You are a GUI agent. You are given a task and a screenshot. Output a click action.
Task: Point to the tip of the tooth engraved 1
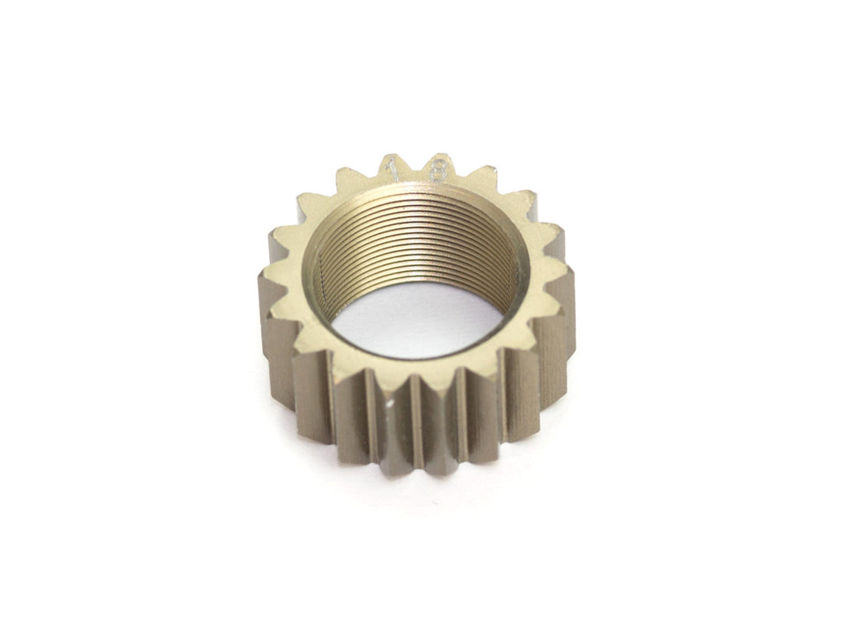click(393, 160)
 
